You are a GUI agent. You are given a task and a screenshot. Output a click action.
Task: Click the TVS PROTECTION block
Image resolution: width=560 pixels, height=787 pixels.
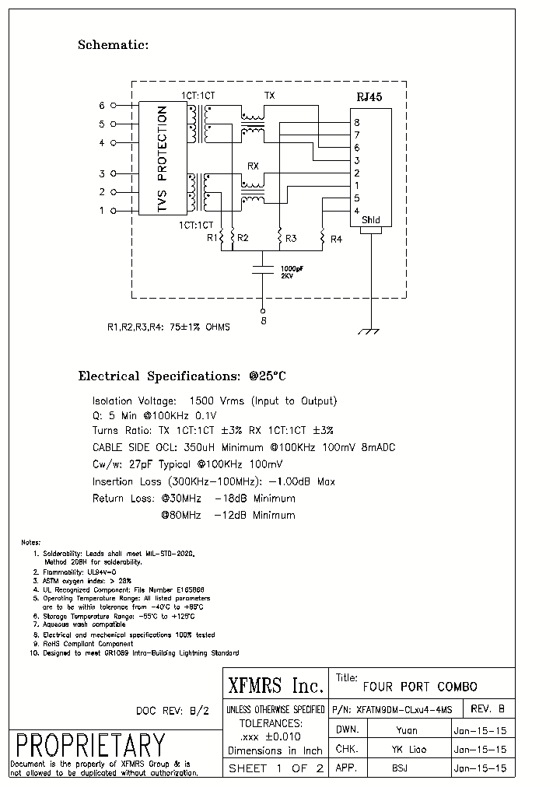(162, 160)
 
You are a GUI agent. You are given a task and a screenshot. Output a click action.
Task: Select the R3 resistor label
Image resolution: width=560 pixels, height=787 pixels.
(290, 239)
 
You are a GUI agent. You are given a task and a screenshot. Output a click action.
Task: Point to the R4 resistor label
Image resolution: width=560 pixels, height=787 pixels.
(335, 239)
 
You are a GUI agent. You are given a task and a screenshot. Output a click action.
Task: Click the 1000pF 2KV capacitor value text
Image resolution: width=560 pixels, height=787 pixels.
(282, 271)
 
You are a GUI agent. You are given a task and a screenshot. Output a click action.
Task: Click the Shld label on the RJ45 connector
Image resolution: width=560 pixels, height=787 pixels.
(370, 221)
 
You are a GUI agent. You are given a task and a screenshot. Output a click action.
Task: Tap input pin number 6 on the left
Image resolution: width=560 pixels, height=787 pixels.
(101, 105)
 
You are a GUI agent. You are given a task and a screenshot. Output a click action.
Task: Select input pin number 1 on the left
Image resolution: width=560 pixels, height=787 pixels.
(101, 210)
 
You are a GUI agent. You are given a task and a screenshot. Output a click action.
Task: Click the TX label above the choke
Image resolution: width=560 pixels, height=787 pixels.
(269, 96)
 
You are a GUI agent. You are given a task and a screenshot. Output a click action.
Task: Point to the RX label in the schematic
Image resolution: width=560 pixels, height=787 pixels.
(253, 166)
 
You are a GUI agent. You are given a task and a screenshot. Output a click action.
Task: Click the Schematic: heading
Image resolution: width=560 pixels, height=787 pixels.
(113, 45)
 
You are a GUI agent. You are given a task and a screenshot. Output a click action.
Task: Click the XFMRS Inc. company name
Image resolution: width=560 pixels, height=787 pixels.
(275, 686)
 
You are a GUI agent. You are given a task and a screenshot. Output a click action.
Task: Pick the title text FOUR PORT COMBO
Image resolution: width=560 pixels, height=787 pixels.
(420, 687)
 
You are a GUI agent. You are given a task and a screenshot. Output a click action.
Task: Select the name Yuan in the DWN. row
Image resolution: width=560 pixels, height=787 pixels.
(406, 730)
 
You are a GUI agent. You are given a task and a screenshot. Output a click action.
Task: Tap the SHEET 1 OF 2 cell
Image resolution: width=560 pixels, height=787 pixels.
(275, 769)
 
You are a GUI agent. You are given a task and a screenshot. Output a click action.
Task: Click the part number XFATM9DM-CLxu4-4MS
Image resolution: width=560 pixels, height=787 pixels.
(403, 709)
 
